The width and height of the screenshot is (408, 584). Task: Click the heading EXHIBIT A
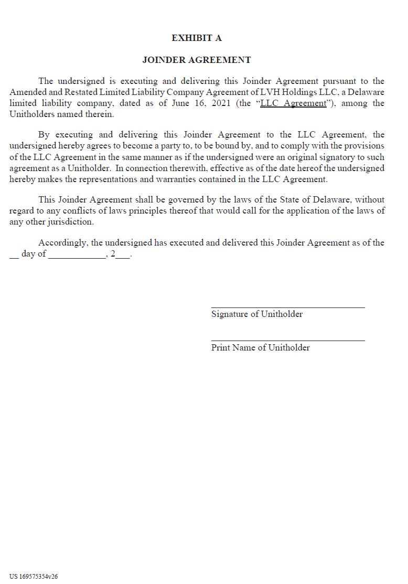tap(197, 38)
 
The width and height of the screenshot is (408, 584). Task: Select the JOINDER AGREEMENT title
tap(197, 60)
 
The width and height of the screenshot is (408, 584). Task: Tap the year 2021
tap(222, 103)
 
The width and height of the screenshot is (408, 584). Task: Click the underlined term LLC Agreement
tap(293, 103)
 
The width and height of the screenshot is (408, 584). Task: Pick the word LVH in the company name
tap(263, 92)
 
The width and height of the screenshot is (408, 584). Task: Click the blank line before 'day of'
tap(14, 257)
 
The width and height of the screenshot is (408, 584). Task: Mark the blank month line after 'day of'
tap(77, 257)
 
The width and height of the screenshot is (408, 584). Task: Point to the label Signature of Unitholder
tap(257, 314)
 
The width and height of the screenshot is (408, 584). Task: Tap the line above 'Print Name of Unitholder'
tap(288, 341)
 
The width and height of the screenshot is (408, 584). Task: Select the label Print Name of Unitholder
tap(261, 347)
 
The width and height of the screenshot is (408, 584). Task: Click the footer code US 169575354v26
tap(34, 576)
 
